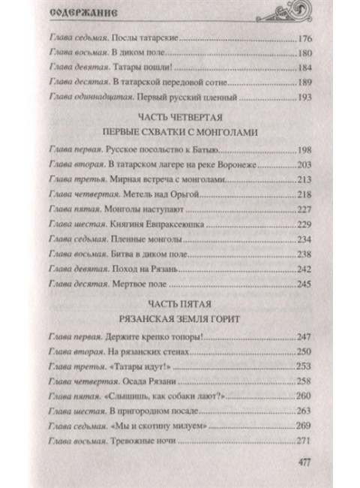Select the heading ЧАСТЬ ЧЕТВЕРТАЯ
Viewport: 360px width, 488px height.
(x=181, y=119)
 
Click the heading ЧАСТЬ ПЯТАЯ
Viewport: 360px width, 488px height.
(x=181, y=304)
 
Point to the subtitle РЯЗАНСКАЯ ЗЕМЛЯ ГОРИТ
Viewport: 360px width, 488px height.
(x=181, y=318)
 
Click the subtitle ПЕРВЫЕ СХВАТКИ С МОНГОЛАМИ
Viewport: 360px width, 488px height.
(x=181, y=132)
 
